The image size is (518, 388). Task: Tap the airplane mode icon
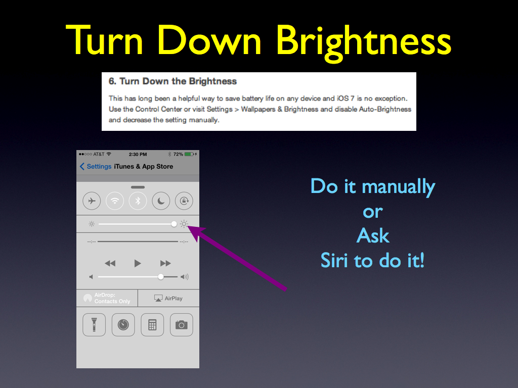click(x=92, y=201)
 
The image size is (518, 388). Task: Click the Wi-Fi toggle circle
click(x=115, y=201)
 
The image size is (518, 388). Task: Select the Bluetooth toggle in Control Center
click(x=138, y=201)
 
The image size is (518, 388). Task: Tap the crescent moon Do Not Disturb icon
click(x=161, y=201)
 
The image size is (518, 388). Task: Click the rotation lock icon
click(x=184, y=201)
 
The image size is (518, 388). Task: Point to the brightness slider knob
click(x=174, y=224)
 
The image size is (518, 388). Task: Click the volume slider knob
click(x=160, y=276)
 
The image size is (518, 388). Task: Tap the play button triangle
click(x=138, y=263)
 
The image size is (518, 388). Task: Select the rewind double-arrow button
click(x=110, y=263)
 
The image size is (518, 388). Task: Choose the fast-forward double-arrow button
click(x=165, y=263)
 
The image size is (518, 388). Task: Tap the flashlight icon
click(x=94, y=325)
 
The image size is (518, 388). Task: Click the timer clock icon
click(x=123, y=325)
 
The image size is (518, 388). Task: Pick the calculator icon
click(x=152, y=325)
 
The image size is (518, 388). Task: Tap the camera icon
click(x=182, y=325)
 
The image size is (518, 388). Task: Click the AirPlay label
click(x=174, y=298)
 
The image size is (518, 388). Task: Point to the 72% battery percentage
click(x=178, y=154)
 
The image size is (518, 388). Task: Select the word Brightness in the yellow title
click(x=364, y=41)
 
